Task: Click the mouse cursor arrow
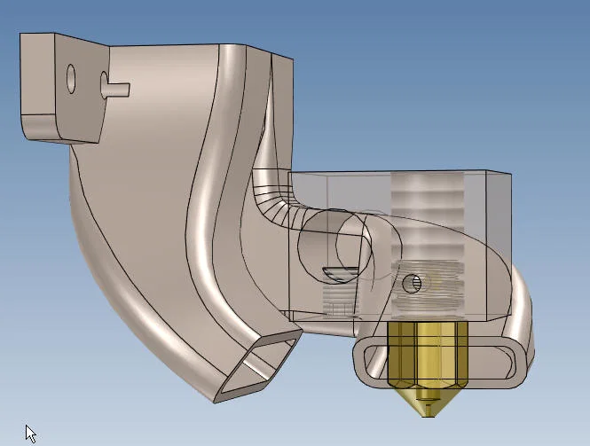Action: click(x=30, y=434)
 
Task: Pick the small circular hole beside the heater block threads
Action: click(x=411, y=284)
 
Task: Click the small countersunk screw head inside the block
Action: click(x=339, y=270)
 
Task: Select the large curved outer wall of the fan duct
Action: click(x=133, y=266)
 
